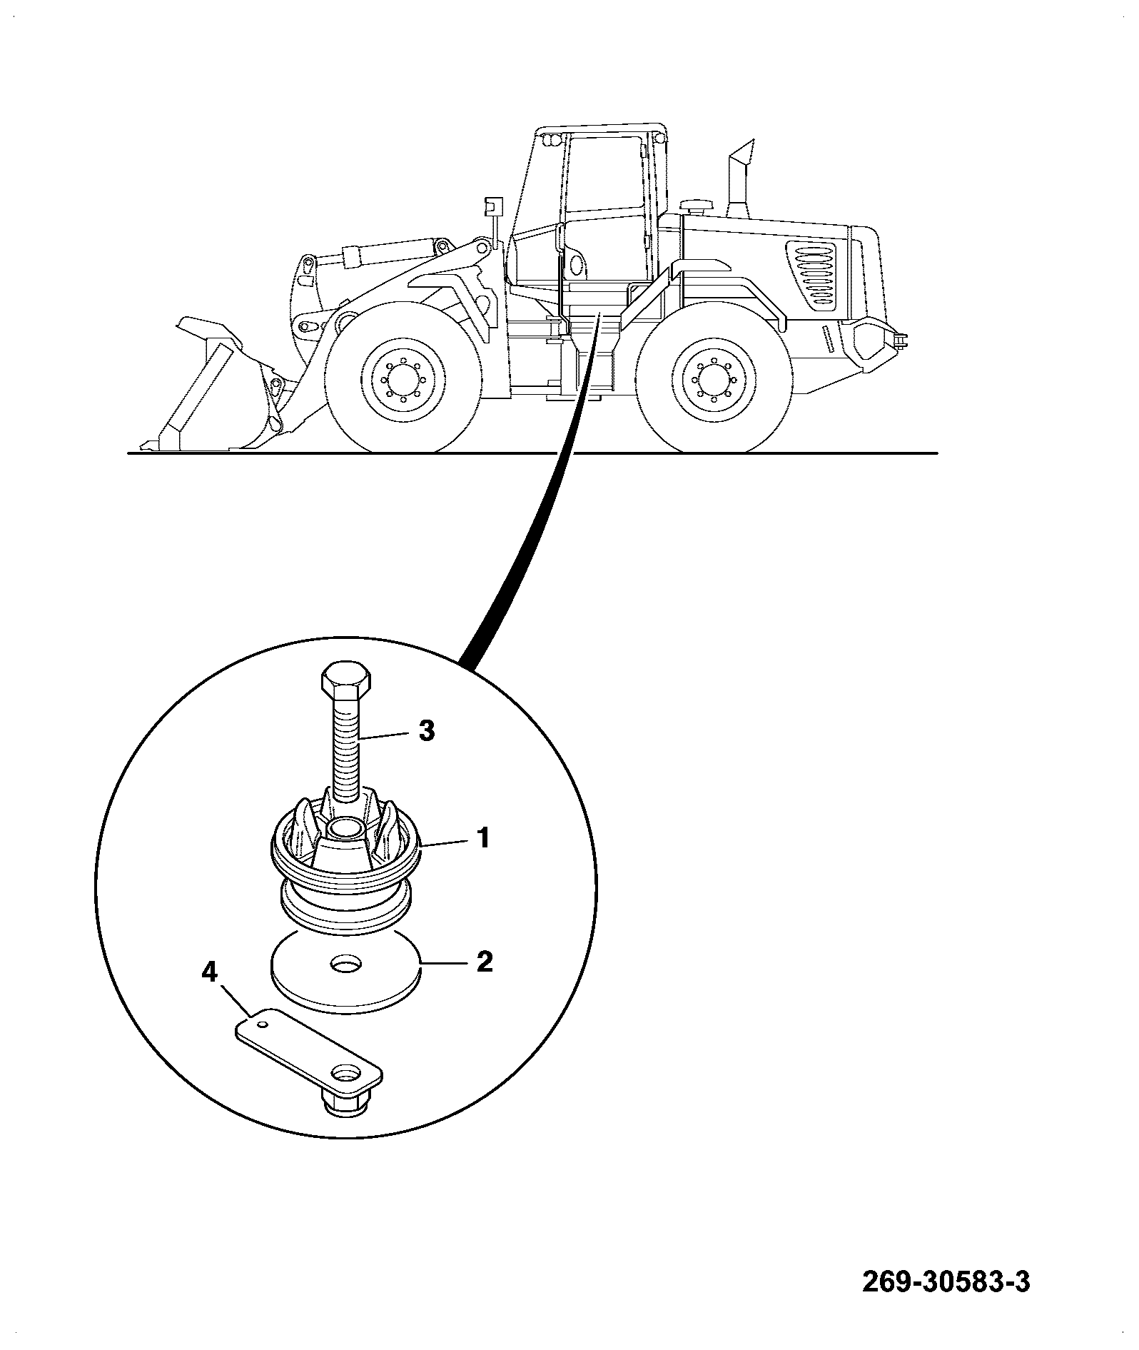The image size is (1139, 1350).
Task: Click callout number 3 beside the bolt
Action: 425,732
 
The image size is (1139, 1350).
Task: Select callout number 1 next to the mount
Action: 483,837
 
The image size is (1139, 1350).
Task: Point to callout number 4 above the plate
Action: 211,972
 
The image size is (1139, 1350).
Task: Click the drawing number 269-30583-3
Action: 946,1283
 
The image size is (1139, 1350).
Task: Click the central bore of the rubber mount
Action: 345,829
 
